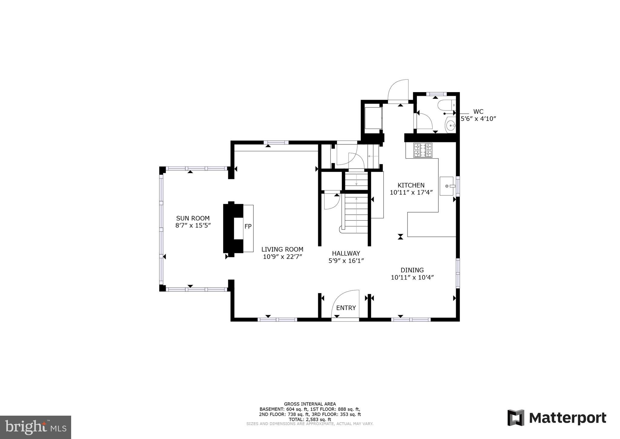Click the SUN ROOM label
coord(193,218)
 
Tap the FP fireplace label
coord(248,226)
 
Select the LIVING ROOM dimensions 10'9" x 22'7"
coord(282,257)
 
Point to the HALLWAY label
coord(346,253)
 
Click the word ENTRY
coord(346,308)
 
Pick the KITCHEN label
coord(411,185)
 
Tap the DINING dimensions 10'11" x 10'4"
coord(412,277)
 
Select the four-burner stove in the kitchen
coord(423,150)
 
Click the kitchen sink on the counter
coord(447,186)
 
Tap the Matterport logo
coord(557,418)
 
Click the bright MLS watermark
coord(35,427)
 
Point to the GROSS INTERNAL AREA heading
coord(310,404)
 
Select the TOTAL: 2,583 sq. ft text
coord(310,419)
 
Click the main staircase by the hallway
coord(356,214)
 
